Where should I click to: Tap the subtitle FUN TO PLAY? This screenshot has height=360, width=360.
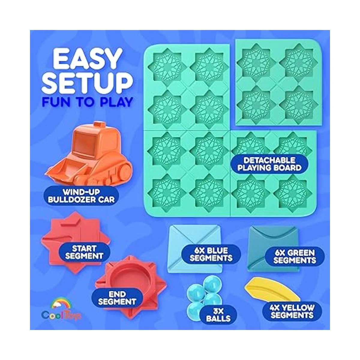point(87,102)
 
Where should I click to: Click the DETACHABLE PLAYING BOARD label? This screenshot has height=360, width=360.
point(269,164)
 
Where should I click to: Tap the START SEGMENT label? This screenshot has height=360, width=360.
point(84,252)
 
